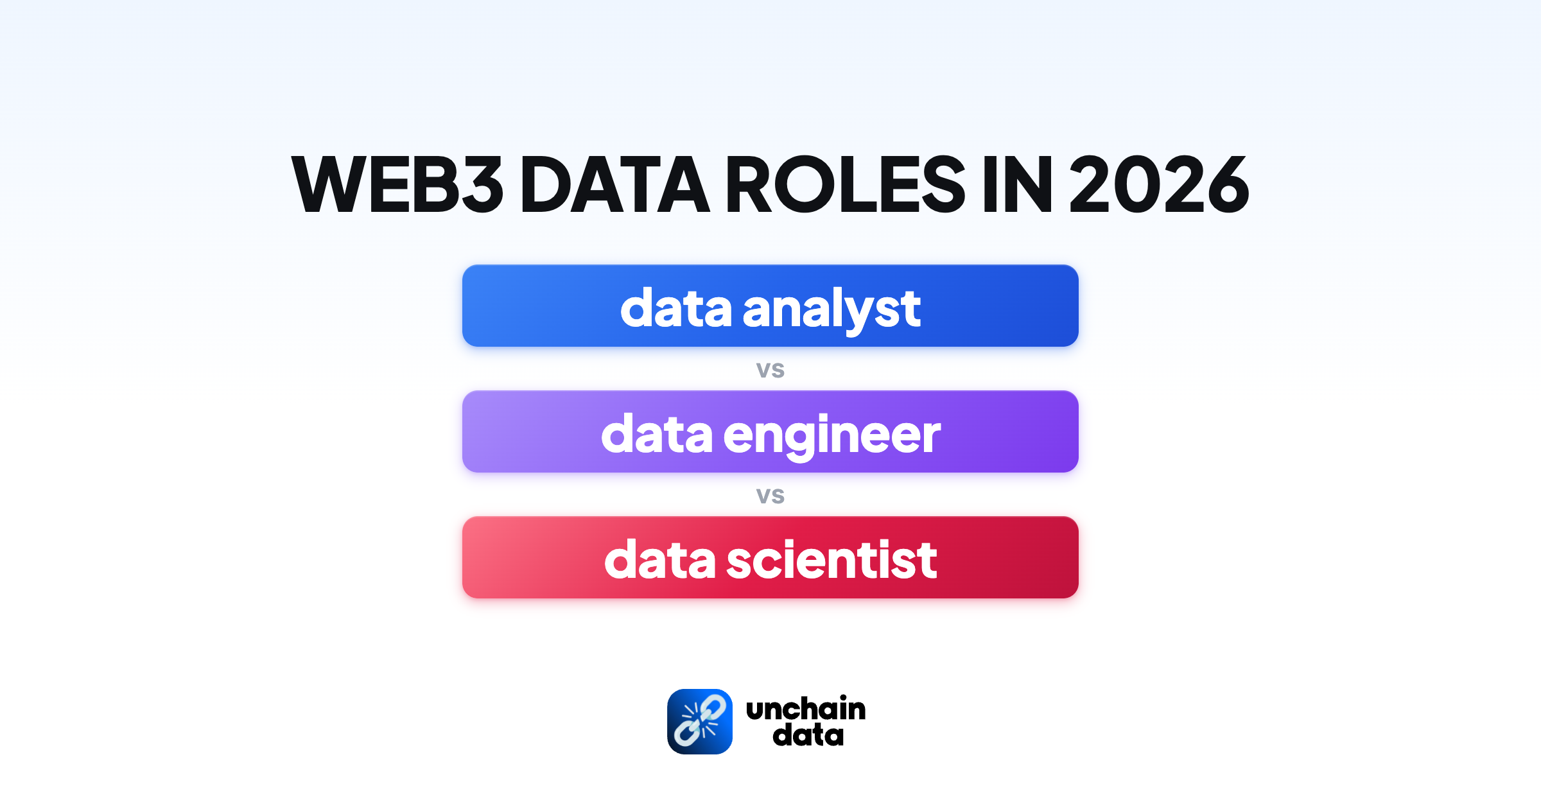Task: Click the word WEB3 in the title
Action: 397,185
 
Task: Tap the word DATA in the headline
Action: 614,185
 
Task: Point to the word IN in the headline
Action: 1017,185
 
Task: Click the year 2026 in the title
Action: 1158,185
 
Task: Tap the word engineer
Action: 832,435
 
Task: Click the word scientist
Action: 831,560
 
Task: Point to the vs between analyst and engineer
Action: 770,370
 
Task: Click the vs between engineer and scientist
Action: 770,496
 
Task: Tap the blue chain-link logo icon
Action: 699,722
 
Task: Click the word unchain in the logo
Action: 806,709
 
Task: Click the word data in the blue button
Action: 675,308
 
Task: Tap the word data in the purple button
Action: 657,434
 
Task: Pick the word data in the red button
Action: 659,560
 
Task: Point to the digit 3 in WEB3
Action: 482,185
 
